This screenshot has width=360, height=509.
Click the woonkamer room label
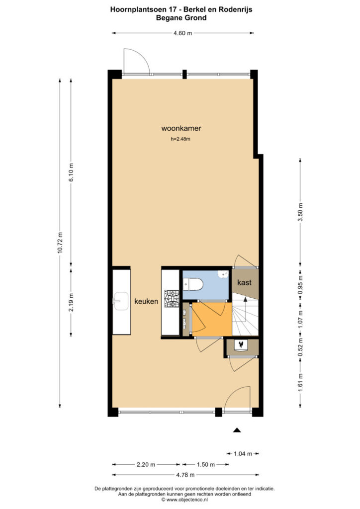pyautogui.click(x=181, y=128)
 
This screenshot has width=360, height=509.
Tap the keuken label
pyautogui.click(x=146, y=301)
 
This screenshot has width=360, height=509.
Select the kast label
pyautogui.click(x=244, y=282)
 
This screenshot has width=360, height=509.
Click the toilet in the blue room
pyautogui.click(x=193, y=285)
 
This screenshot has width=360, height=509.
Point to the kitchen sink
pyautogui.click(x=120, y=301)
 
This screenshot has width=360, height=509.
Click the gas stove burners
pyautogui.click(x=172, y=298)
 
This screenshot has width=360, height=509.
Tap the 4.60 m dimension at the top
pyautogui.click(x=182, y=33)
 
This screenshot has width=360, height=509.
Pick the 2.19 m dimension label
pyautogui.click(x=71, y=302)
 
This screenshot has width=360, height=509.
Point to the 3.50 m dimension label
pyautogui.click(x=300, y=212)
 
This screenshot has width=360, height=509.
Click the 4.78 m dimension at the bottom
pyautogui.click(x=185, y=475)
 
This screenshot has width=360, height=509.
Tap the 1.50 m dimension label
pyautogui.click(x=205, y=465)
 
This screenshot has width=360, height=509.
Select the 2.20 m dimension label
pyautogui.click(x=146, y=465)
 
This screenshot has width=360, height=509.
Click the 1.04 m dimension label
pyautogui.click(x=243, y=454)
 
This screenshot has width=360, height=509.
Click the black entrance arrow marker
pyautogui.click(x=237, y=430)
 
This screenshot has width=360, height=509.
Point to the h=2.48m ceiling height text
pyautogui.click(x=180, y=139)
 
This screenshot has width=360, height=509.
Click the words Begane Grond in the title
pyautogui.click(x=181, y=18)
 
